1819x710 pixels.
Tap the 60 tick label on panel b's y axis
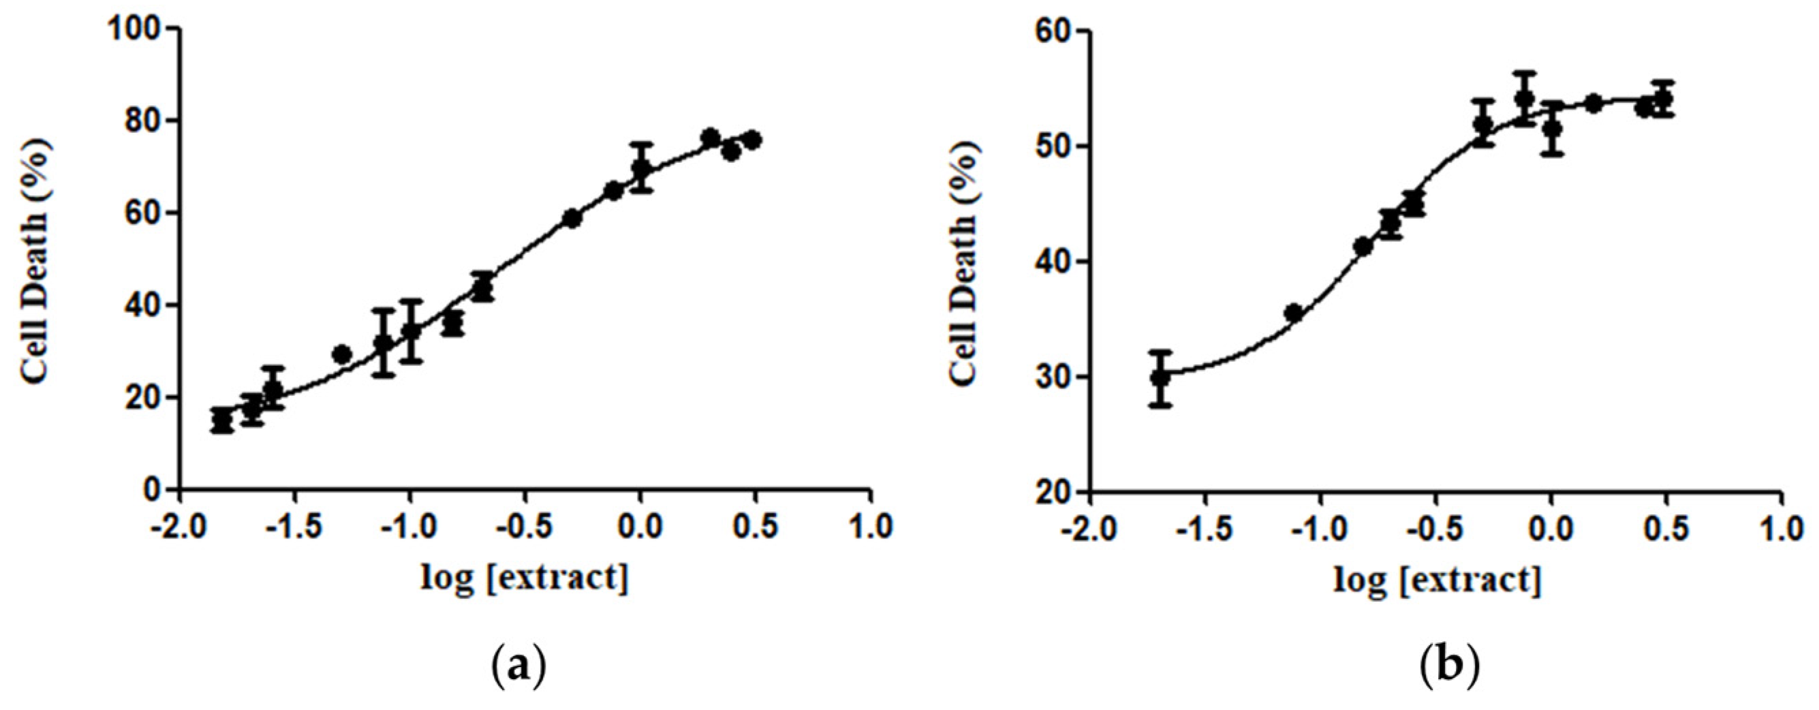1053,31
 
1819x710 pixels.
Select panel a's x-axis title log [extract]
525,578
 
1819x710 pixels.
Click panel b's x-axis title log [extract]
1436,579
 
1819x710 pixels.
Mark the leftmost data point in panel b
1160,378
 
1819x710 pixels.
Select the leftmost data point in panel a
221,420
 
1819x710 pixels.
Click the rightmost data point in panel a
753,140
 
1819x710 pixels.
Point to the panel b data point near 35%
1294,312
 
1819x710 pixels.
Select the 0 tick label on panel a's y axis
151,490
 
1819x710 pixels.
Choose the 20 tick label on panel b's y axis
1053,492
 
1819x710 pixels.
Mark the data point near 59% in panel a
573,219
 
